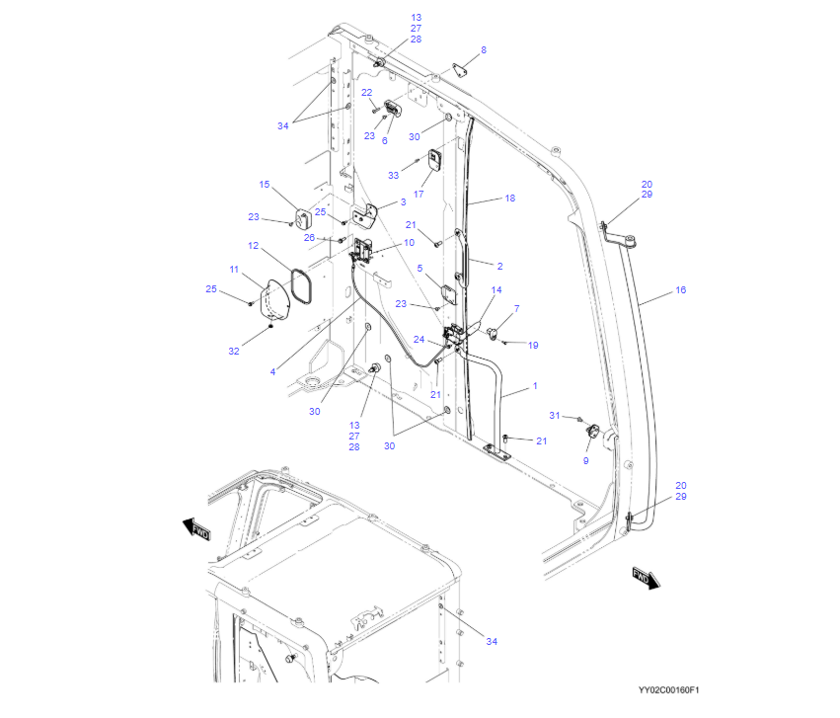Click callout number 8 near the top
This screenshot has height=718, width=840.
pos(484,49)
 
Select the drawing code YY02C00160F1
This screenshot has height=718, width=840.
pos(668,690)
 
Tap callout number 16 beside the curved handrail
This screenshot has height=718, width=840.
pos(680,290)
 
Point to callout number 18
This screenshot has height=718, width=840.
pos(510,199)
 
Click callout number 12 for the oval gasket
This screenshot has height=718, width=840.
pos(254,245)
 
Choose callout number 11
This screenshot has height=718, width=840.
pos(234,270)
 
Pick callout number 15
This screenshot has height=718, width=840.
pos(265,185)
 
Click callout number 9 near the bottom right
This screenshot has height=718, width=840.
pos(585,461)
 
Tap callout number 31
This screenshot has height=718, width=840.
pos(555,415)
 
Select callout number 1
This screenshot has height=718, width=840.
pos(535,386)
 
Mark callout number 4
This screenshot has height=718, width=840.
pos(272,371)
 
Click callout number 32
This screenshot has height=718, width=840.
pos(234,351)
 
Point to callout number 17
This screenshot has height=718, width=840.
pos(419,194)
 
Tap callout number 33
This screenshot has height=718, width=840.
pos(393,175)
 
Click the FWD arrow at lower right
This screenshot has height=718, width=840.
pos(647,578)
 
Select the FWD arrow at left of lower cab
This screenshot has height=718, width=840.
pos(196,528)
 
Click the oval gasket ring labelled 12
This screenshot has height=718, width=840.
pos(301,286)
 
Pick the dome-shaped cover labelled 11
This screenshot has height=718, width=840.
pos(274,301)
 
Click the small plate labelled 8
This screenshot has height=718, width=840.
pos(459,70)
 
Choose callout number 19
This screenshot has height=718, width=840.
pos(533,346)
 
